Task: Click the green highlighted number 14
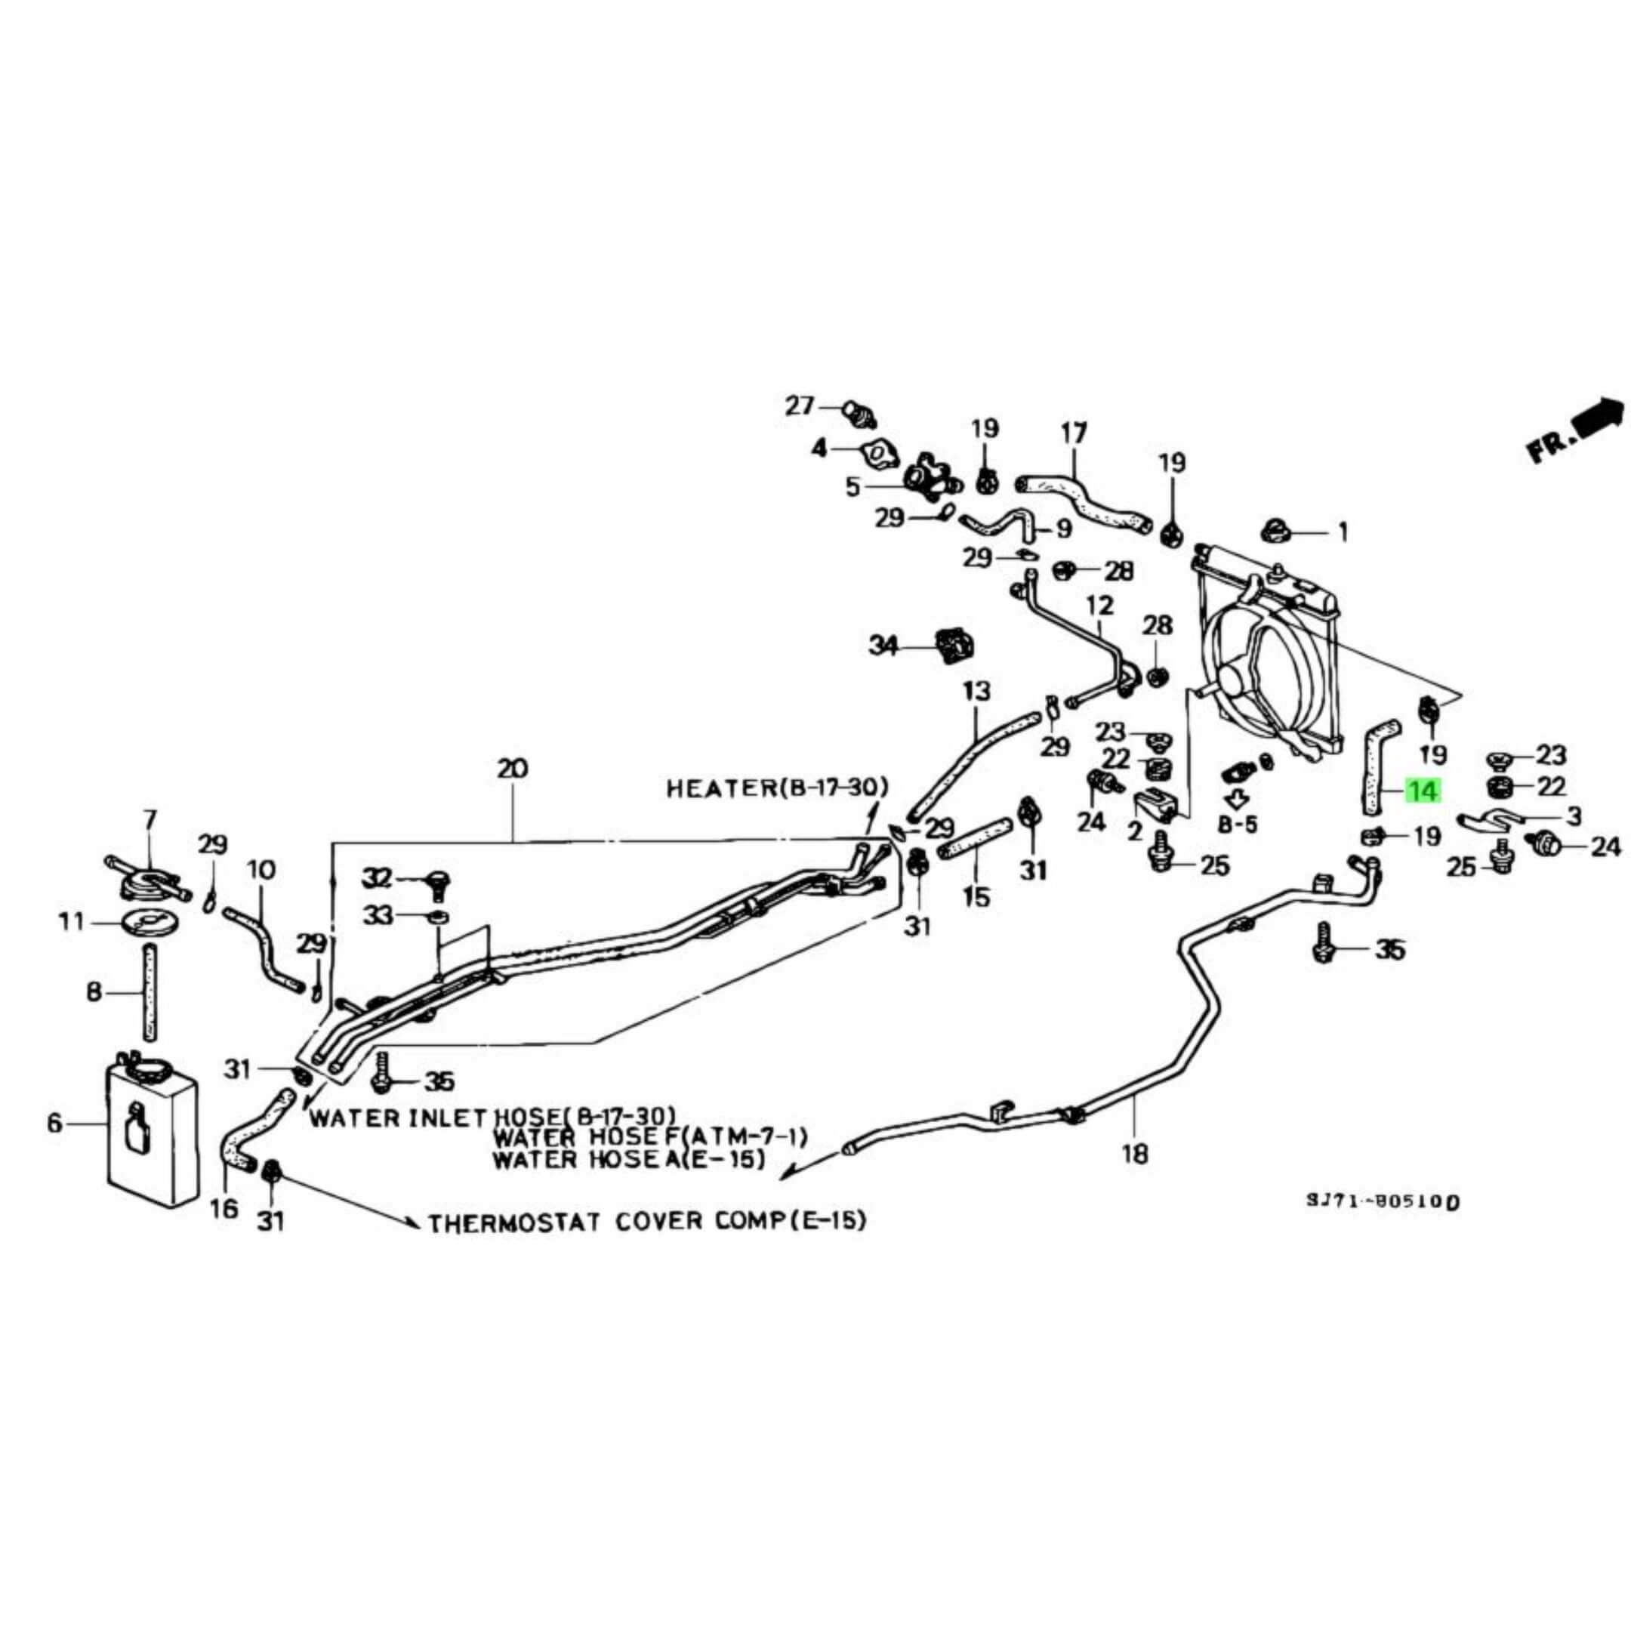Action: click(1422, 791)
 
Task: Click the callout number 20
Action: click(513, 769)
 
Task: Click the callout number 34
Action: click(884, 646)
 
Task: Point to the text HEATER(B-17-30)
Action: click(777, 788)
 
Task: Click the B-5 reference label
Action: click(1238, 824)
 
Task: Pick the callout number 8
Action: click(94, 991)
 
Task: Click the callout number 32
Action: click(377, 879)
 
